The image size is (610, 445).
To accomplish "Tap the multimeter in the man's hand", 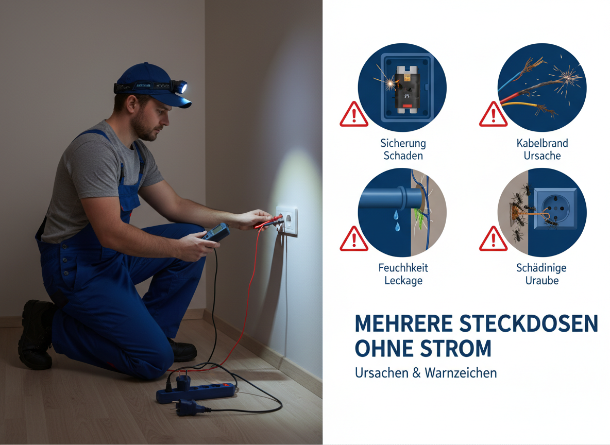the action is (215, 233).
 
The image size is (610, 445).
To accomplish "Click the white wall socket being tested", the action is (287, 221).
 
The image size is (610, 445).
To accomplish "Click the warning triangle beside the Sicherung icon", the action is (353, 114).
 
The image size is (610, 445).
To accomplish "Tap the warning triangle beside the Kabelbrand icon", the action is (493, 114).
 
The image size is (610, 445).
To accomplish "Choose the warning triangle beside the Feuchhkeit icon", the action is (353, 239).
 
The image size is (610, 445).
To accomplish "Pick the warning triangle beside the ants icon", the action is (493, 239).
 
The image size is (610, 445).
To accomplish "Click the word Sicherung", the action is (403, 144).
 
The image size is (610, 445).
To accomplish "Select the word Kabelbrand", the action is (543, 143).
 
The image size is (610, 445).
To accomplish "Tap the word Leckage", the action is (403, 281).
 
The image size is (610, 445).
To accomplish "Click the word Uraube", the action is (542, 281).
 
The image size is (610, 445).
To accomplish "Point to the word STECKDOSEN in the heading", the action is (529, 323).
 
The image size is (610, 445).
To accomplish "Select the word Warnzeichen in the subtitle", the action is (461, 373).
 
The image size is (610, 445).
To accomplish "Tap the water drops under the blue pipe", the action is (396, 220).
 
